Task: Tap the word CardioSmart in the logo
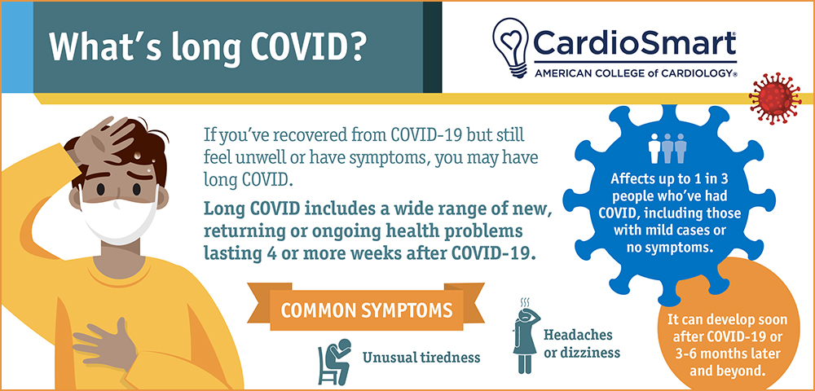tap(635, 43)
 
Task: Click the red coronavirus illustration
tap(775, 99)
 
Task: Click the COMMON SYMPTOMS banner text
tap(366, 310)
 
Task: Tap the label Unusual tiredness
tap(421, 358)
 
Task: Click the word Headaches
tap(578, 335)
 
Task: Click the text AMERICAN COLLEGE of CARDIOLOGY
tap(636, 74)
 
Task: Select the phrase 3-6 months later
tap(727, 354)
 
